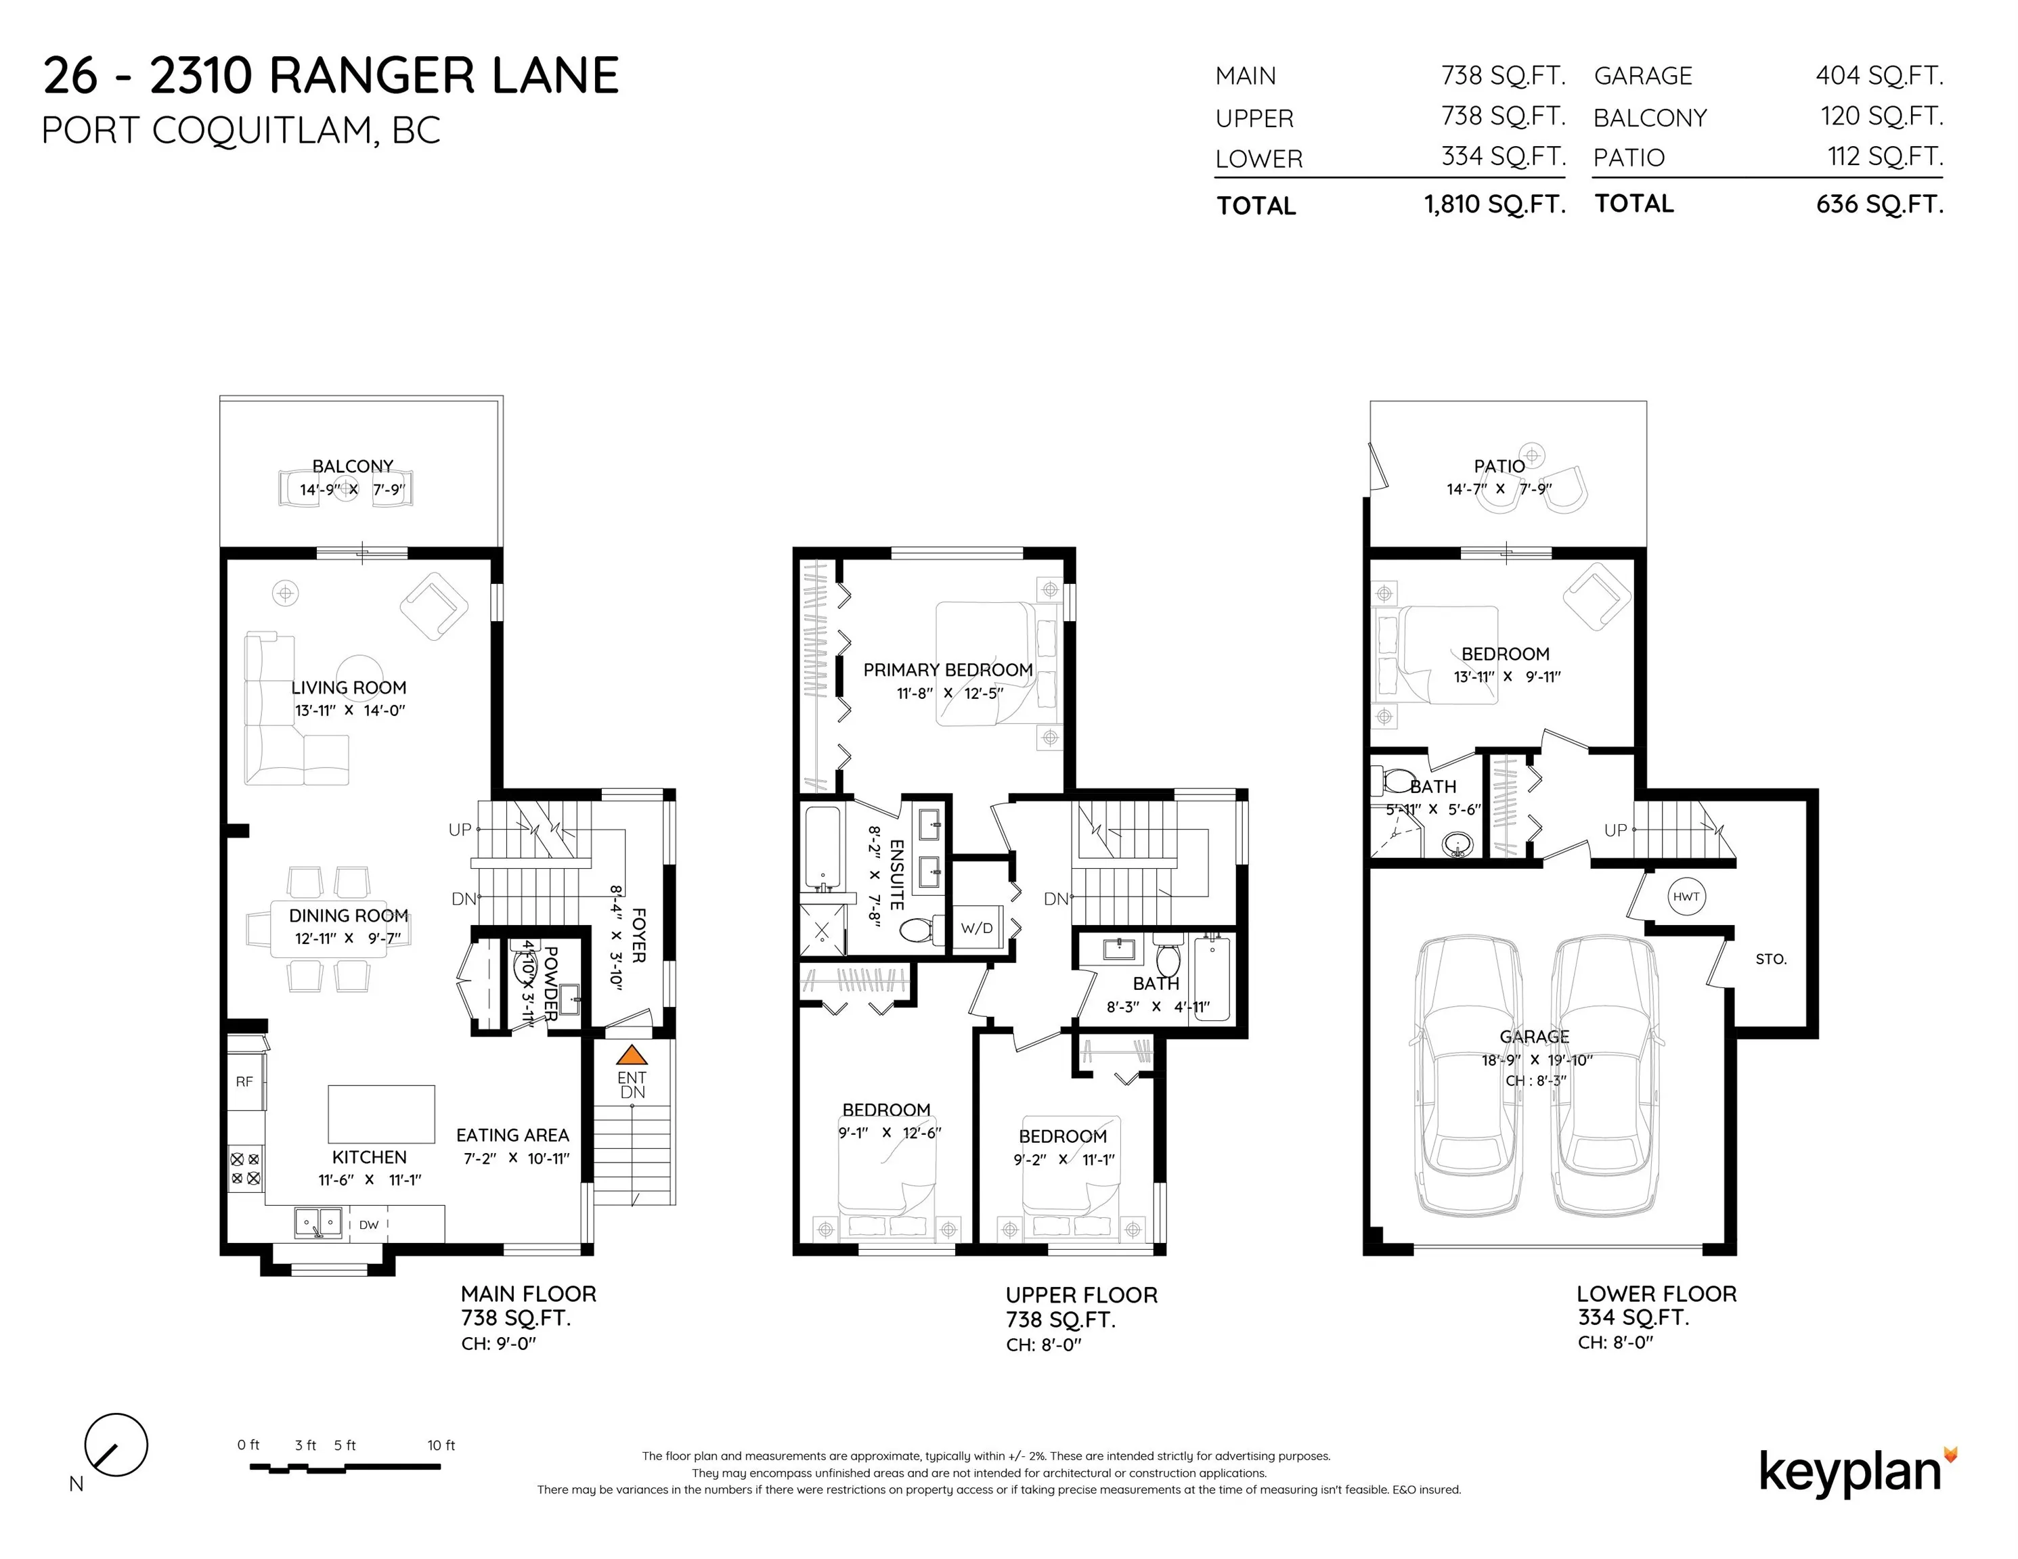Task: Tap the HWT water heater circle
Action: click(x=1686, y=896)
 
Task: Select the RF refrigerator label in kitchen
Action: click(x=244, y=1081)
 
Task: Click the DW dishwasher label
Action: click(x=369, y=1225)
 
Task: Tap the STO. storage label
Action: click(x=1770, y=959)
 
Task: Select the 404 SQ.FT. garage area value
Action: click(x=1879, y=76)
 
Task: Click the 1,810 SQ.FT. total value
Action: click(x=1494, y=204)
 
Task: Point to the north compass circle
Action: click(x=116, y=1445)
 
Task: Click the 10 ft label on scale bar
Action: click(x=441, y=1445)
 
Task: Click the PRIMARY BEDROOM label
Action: click(x=948, y=670)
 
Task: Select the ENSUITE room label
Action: click(x=896, y=875)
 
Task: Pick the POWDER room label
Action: click(x=550, y=982)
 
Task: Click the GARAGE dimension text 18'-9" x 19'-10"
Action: click(x=1537, y=1060)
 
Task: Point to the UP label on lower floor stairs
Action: click(x=1615, y=830)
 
